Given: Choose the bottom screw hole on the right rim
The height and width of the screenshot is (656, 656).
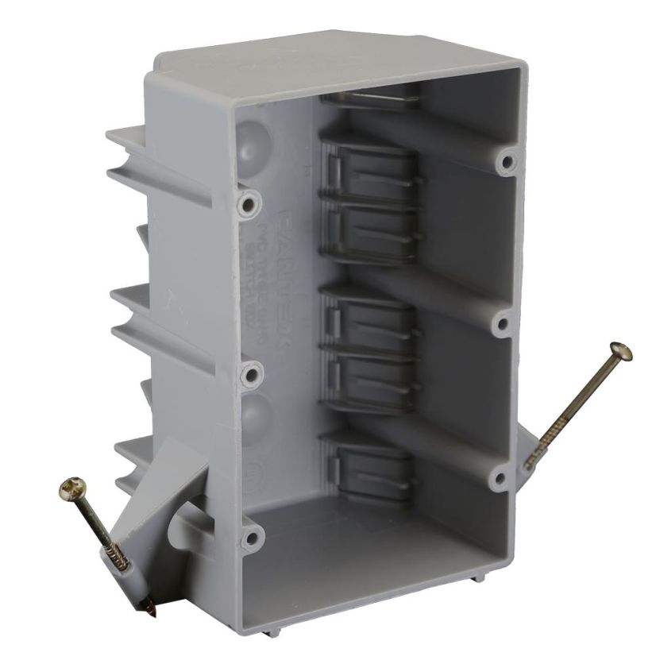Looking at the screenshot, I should pyautogui.click(x=498, y=477).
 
